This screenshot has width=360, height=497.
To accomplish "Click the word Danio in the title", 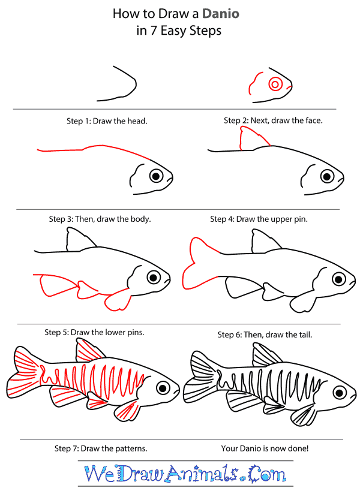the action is [221, 14].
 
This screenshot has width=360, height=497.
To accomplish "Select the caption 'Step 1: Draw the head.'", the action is [107, 121].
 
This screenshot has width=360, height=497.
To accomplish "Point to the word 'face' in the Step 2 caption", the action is [313, 121].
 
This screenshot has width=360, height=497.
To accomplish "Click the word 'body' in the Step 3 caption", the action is [141, 219].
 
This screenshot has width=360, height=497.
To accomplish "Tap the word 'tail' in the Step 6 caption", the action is [305, 335].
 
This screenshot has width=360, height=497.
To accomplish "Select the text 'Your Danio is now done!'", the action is [265, 448].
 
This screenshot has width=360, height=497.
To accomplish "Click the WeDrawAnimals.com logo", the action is [185, 474].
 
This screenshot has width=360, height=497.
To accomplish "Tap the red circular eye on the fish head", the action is [275, 85].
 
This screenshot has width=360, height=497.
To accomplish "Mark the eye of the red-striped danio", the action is [163, 387].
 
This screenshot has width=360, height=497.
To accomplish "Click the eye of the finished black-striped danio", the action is [340, 393].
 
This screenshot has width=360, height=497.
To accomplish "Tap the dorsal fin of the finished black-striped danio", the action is [266, 356].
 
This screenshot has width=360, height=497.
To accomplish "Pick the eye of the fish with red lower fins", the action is [154, 278].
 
